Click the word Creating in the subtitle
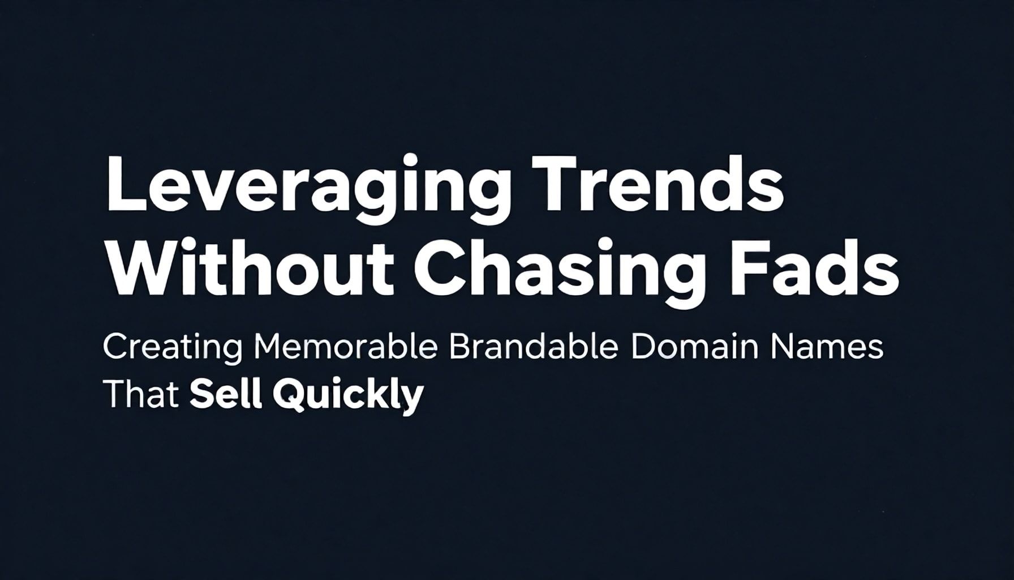tap(173, 348)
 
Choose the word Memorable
tap(346, 347)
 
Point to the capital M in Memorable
tap(270, 347)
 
